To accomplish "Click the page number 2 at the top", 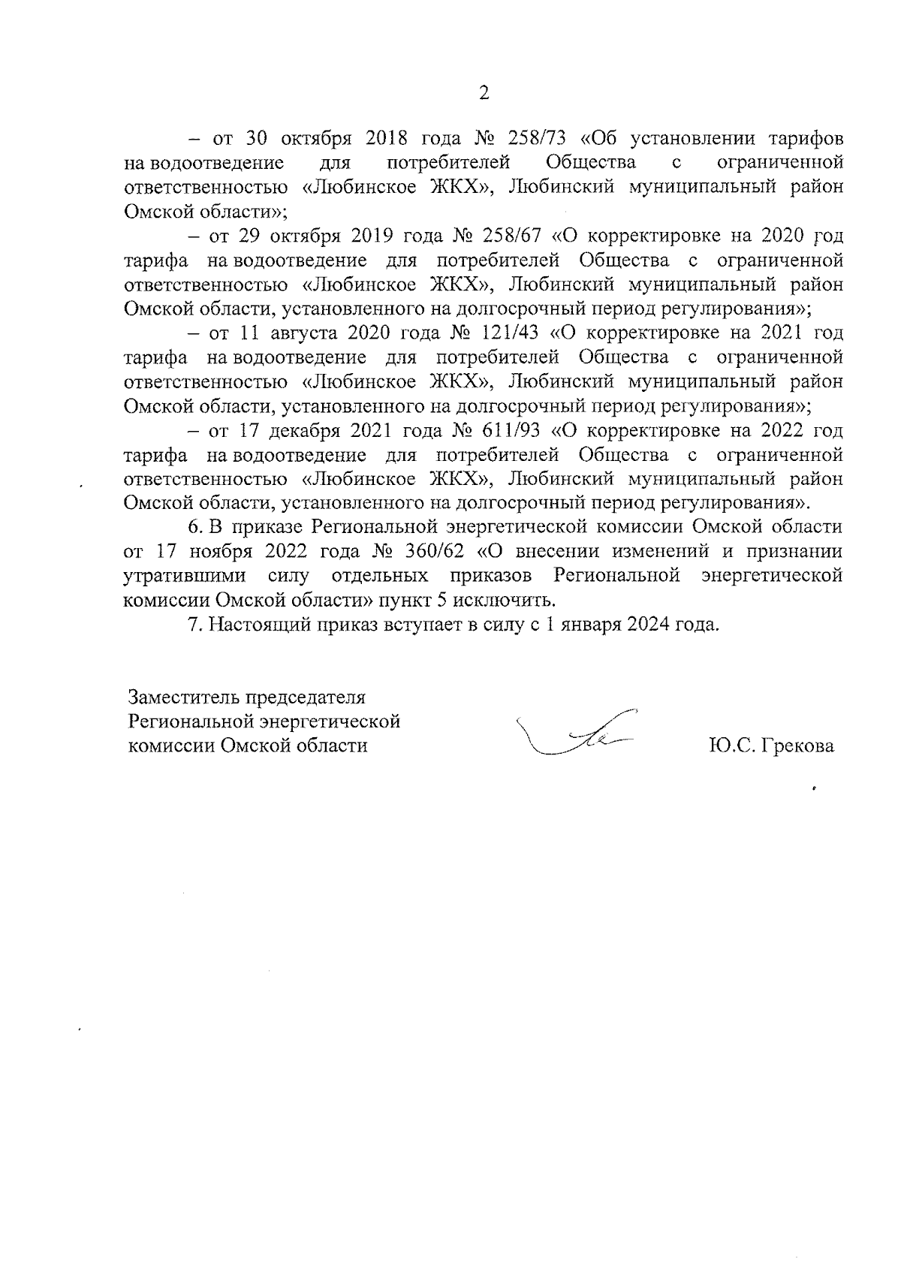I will click(484, 94).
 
